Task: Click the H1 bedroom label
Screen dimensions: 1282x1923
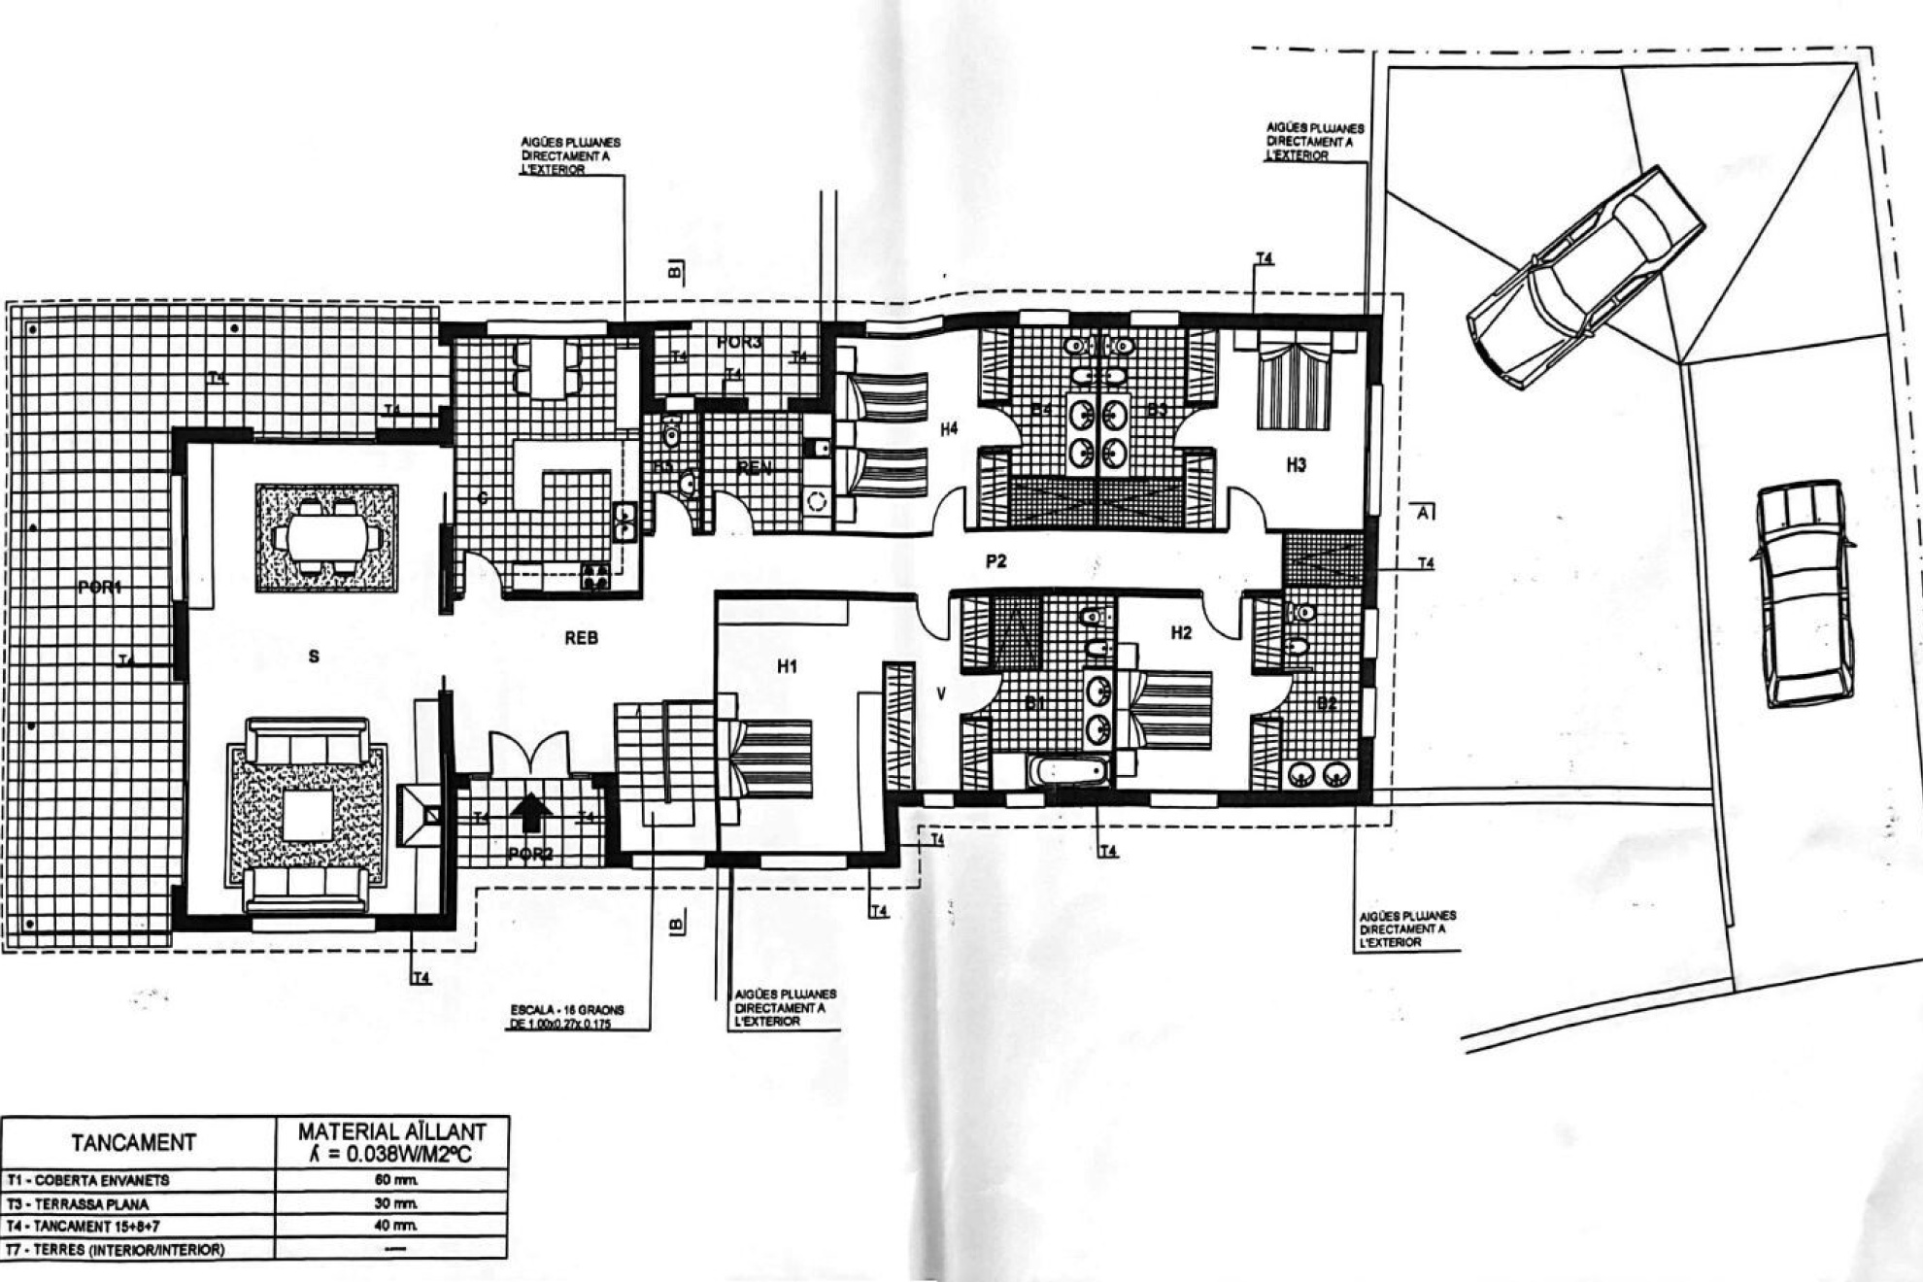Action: (x=787, y=666)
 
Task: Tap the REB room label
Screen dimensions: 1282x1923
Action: (x=581, y=638)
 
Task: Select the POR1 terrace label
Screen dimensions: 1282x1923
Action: (x=100, y=587)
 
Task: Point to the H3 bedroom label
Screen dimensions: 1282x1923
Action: (x=1296, y=465)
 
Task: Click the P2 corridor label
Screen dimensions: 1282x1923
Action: (x=995, y=560)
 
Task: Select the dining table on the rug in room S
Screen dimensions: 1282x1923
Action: (x=326, y=536)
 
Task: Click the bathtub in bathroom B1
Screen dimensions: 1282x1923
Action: (x=1067, y=773)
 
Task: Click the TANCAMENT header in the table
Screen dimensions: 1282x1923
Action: (x=134, y=1142)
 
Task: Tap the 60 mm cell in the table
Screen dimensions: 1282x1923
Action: (x=391, y=1180)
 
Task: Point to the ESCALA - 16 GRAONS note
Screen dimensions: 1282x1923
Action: (x=568, y=1016)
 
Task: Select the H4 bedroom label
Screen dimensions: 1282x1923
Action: (x=949, y=427)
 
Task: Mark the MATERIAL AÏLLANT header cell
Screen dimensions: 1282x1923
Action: (x=391, y=1141)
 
